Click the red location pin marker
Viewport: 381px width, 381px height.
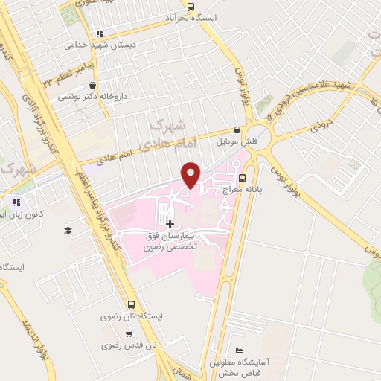click(192, 174)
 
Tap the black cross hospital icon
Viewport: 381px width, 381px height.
click(170, 224)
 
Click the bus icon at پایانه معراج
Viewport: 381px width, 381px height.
click(243, 178)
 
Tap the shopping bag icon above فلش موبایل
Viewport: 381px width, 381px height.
click(237, 129)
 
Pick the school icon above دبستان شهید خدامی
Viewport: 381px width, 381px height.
click(100, 33)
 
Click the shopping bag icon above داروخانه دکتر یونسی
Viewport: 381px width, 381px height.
click(103, 85)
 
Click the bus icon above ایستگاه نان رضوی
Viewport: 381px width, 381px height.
click(132, 304)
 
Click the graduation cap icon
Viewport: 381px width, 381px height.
click(67, 231)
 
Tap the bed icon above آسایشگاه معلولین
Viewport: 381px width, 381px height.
click(238, 350)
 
